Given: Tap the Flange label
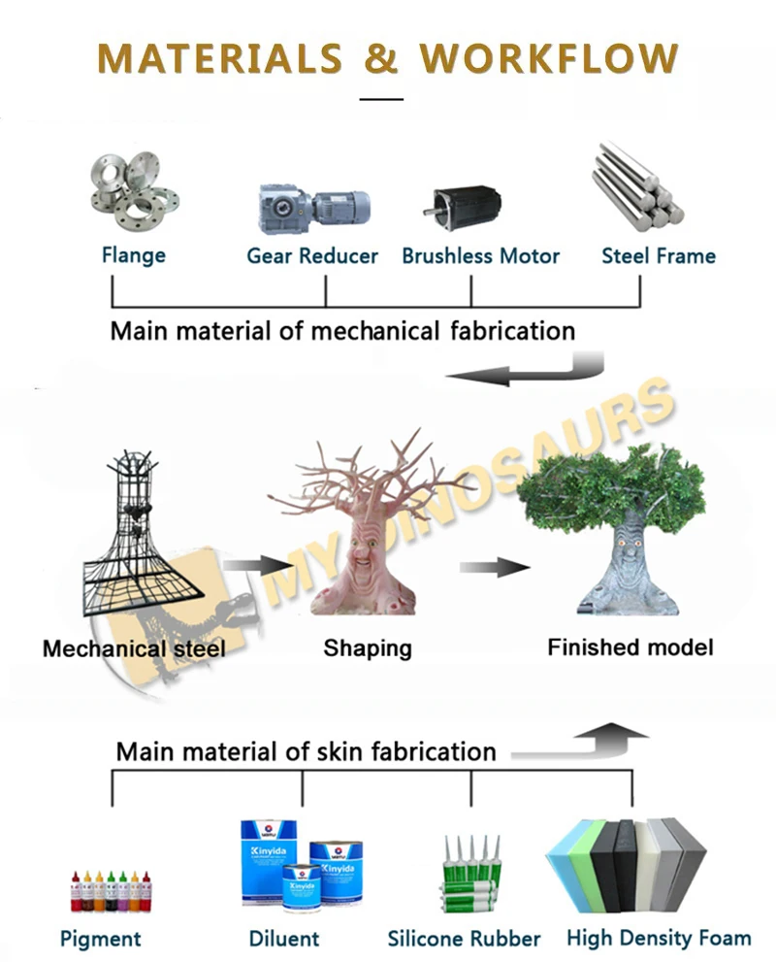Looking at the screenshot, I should [134, 255].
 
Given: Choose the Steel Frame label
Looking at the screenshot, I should [658, 256].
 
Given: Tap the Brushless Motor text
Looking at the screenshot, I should [480, 256].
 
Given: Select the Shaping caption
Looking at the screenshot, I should [367, 647].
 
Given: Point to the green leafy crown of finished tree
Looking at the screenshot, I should [611, 490].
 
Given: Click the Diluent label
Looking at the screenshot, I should [283, 938].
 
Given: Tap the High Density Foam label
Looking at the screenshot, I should [659, 938].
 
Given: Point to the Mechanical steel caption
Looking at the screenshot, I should [134, 647].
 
